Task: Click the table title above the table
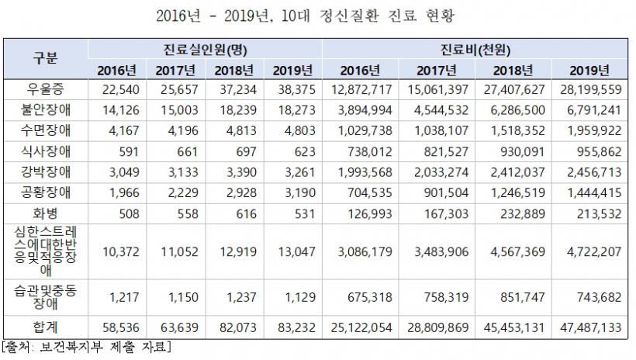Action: click(x=319, y=17)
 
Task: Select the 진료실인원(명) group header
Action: click(x=205, y=49)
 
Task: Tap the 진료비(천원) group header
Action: click(x=477, y=49)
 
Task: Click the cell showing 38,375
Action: click(x=292, y=88)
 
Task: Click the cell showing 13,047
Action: click(x=292, y=251)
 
